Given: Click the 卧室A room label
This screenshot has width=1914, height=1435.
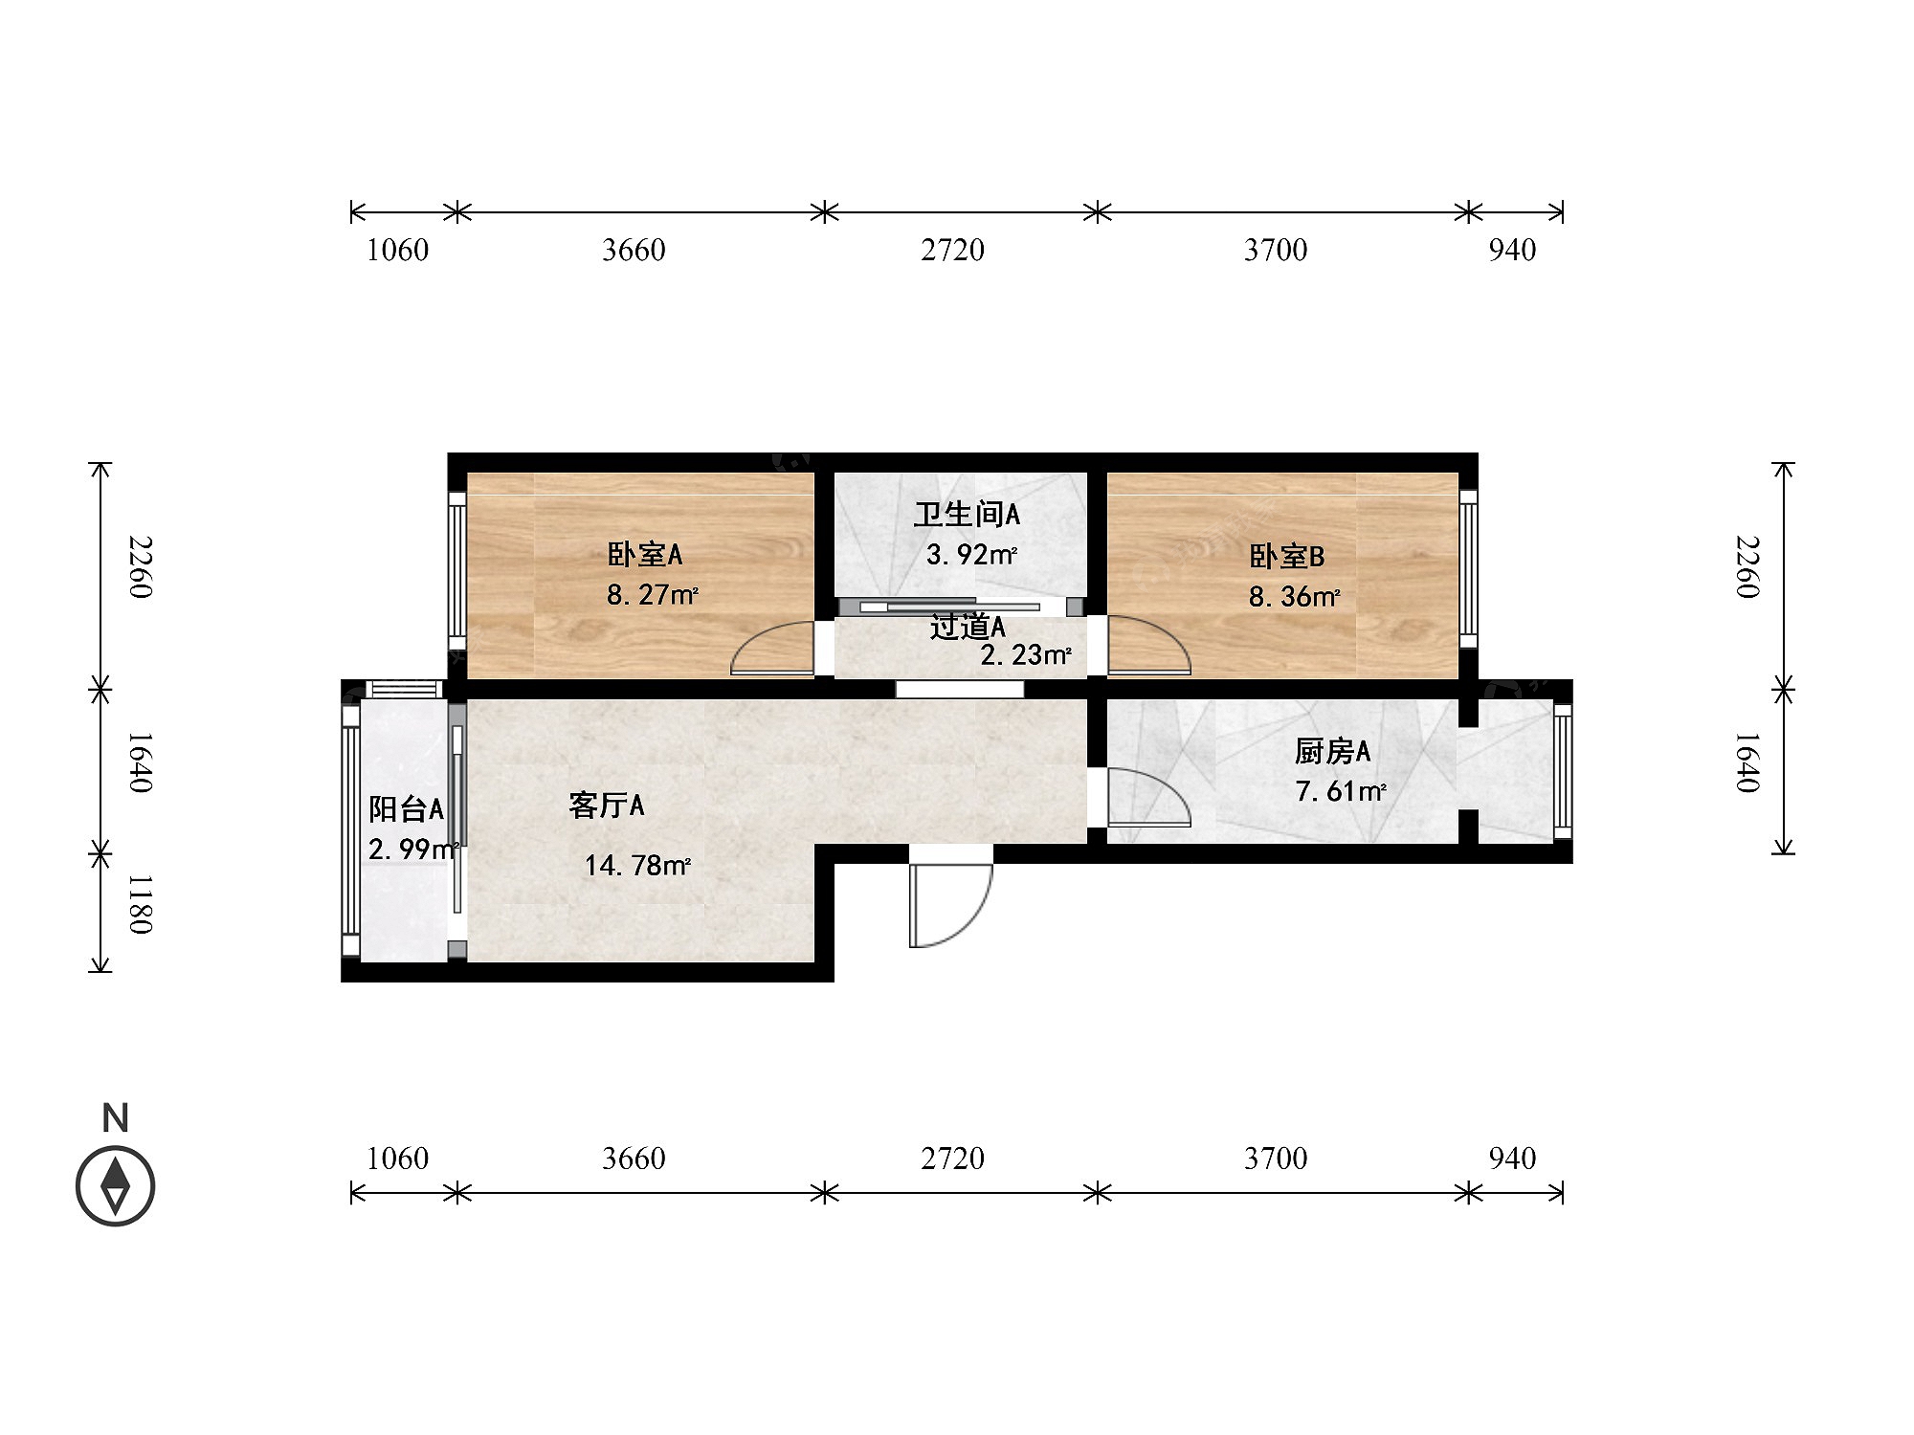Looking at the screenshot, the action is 644,555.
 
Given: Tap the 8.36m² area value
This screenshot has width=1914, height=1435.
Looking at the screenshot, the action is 1294,597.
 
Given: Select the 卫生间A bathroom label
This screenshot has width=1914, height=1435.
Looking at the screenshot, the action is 967,515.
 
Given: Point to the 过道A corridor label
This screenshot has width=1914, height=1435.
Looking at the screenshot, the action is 968,627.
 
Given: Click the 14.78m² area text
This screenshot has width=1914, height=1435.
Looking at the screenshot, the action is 637,866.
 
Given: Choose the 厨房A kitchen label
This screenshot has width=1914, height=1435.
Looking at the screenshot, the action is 1332,752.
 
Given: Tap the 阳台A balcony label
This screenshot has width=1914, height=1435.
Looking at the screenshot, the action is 407,809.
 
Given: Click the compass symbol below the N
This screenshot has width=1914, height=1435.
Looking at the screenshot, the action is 116,1186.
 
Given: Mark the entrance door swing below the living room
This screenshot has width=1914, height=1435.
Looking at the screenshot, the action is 950,905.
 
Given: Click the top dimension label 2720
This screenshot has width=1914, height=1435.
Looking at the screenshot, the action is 952,250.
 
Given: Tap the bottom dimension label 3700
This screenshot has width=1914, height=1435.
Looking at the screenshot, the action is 1276,1159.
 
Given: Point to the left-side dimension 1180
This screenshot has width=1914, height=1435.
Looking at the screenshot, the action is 140,904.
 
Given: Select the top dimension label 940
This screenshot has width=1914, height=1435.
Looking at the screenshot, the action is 1512,250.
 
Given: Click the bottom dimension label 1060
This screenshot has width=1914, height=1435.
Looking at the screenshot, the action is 398,1159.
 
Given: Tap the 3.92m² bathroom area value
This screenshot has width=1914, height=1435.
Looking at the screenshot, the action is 971,555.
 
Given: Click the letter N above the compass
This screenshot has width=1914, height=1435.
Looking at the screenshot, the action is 116,1118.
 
